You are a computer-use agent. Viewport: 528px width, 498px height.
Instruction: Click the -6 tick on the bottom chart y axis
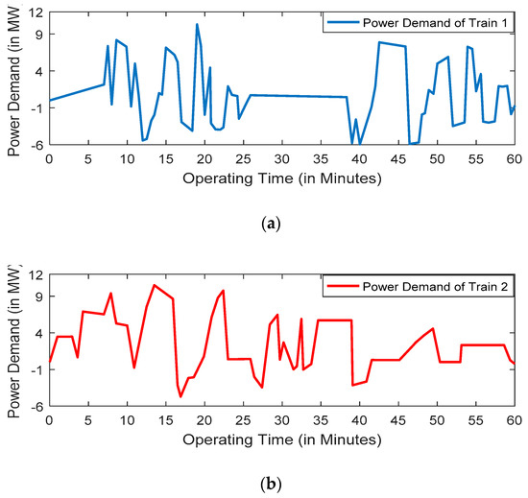36,407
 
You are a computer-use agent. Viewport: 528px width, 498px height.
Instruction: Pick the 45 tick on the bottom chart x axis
398,420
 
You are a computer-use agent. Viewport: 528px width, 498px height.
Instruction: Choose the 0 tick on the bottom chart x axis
49,420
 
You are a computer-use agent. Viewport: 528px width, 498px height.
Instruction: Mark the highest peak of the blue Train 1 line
197,25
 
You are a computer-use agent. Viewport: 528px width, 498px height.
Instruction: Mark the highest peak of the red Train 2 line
154,285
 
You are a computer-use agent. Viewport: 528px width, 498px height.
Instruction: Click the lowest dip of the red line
180,396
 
